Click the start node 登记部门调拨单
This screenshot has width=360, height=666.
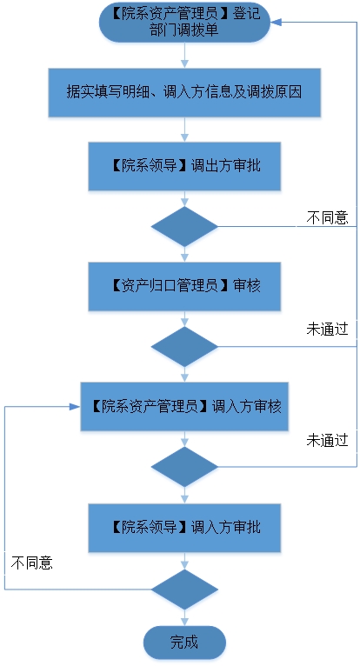pyautogui.click(x=184, y=22)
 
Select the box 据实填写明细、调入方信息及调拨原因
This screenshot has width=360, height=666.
pyautogui.click(x=184, y=92)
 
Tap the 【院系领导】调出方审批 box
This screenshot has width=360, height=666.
pyautogui.click(x=184, y=166)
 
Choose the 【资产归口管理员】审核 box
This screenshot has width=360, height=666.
pyautogui.click(x=184, y=286)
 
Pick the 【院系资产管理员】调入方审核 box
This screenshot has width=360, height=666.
pyautogui.click(x=184, y=407)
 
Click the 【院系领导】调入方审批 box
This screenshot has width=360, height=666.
pyautogui.click(x=184, y=528)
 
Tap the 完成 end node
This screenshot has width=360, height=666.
pyautogui.click(x=184, y=643)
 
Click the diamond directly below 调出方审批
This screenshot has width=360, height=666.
pyautogui.click(x=184, y=226)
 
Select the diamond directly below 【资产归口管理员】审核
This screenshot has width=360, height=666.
pyautogui.click(x=184, y=347)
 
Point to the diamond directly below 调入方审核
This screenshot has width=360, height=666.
pyautogui.click(x=184, y=467)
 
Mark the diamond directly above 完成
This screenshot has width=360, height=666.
pyautogui.click(x=184, y=589)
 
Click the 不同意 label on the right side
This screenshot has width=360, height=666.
pyautogui.click(x=327, y=217)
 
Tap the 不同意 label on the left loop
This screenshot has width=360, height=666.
pyautogui.click(x=32, y=563)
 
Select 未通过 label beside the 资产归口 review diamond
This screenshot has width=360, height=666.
pyautogui.click(x=327, y=330)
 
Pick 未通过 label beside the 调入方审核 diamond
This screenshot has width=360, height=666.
pyautogui.click(x=327, y=441)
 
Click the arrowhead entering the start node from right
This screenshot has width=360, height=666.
pyautogui.click(x=277, y=22)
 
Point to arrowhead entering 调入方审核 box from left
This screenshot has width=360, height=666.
pyautogui.click(x=76, y=407)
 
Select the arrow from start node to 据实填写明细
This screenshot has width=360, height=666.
pyautogui.click(x=184, y=56)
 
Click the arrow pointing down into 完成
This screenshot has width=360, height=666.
pyautogui.click(x=184, y=617)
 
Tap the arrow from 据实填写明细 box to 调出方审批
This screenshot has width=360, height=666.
pyautogui.click(x=184, y=130)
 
